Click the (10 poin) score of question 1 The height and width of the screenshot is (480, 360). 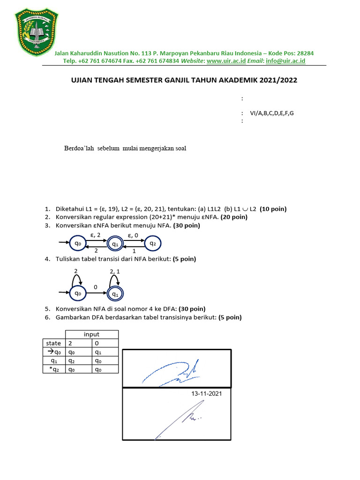tap(274, 209)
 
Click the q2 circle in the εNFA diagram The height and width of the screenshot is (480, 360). tap(152, 243)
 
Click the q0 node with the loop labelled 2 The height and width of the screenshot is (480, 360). tap(77, 293)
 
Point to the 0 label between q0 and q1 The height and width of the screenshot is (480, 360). tap(95, 286)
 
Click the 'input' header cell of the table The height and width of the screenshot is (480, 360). tap(91, 334)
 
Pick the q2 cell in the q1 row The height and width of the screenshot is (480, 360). tap(71, 361)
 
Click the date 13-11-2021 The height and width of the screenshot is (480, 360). tap(206, 394)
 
